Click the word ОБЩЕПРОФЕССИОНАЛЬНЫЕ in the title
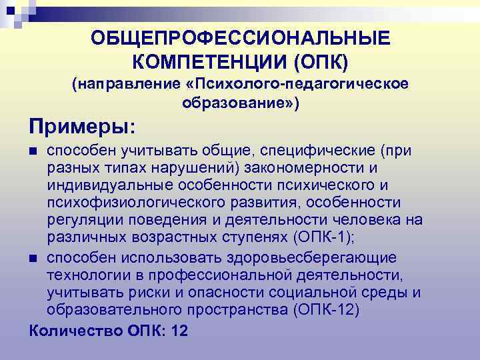tap(241, 39)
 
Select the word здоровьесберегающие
tap(325, 257)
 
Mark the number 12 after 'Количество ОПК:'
tap(179, 330)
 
